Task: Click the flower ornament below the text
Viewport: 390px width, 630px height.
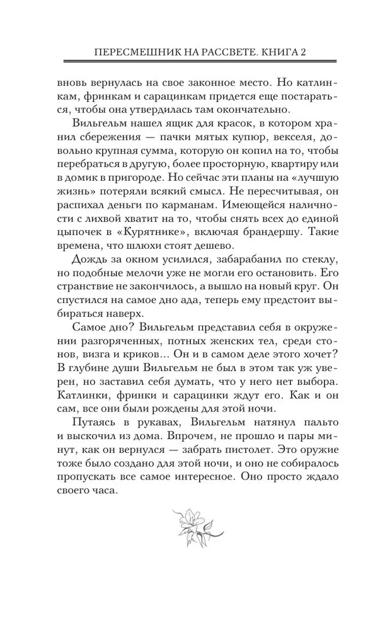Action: (x=194, y=522)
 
